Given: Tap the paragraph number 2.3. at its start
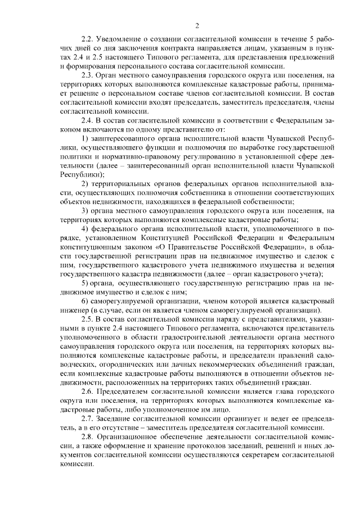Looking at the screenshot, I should pyautogui.click(x=89, y=74).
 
